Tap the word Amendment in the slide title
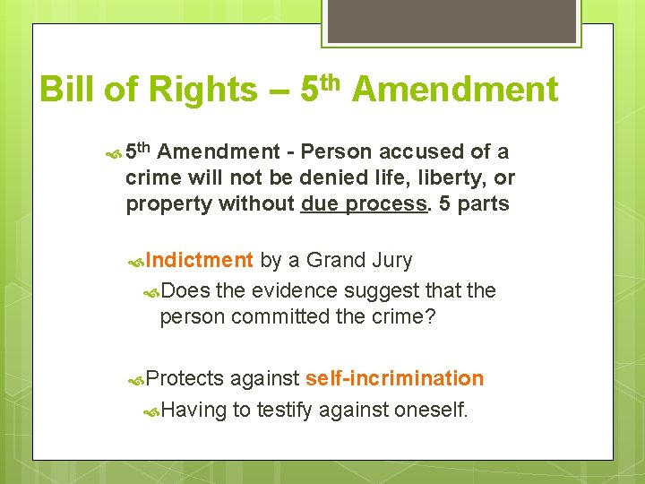click(x=454, y=91)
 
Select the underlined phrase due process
click(x=363, y=204)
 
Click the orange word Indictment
click(x=199, y=261)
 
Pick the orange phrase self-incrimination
click(x=394, y=378)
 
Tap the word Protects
click(x=185, y=378)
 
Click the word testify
click(x=286, y=411)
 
